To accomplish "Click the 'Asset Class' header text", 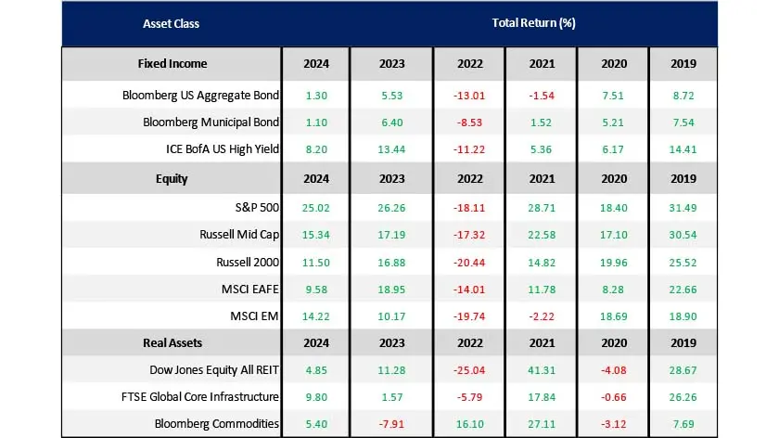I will coord(171,23).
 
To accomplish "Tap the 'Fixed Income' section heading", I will coord(172,64).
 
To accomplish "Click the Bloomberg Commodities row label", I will coord(217,423).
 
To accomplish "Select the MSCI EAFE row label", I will coord(249,290).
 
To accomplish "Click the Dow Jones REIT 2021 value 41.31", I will coord(541,370).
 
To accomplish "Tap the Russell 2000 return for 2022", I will coord(469,264).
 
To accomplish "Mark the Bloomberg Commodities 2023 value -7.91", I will coord(391,423).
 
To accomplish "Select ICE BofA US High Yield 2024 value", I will coord(315,148).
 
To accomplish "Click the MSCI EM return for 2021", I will coord(541,317).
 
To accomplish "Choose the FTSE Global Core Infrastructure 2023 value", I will coord(391,397).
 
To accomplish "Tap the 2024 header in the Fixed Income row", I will coord(315,64).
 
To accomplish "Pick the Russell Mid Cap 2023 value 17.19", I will coord(391,237).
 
